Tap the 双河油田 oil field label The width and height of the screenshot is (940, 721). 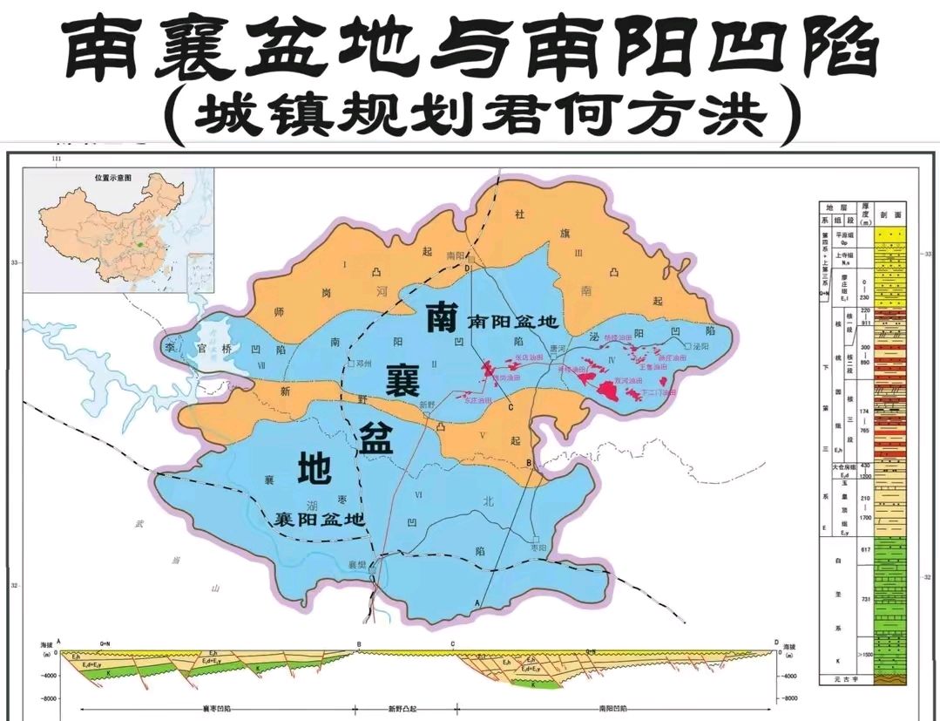coord(627,381)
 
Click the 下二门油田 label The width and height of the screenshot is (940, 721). coord(658,393)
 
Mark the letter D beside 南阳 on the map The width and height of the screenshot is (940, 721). coord(467,269)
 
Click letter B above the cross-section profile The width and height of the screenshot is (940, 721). coord(358,644)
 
